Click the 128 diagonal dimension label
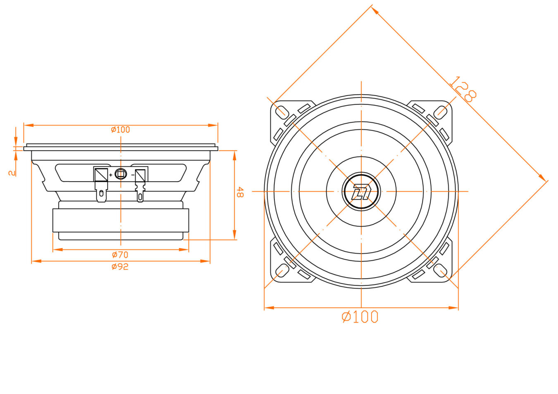463,89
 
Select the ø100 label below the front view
360,317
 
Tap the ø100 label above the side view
120,130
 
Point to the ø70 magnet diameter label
120,255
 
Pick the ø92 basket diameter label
120,267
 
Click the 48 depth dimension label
240,192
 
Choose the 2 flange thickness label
12,173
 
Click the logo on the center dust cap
361,192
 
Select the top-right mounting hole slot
441,112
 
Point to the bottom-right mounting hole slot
441,271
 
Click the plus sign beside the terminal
111,175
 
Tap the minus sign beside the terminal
133,175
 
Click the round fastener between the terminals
121,174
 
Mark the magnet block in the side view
121,220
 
